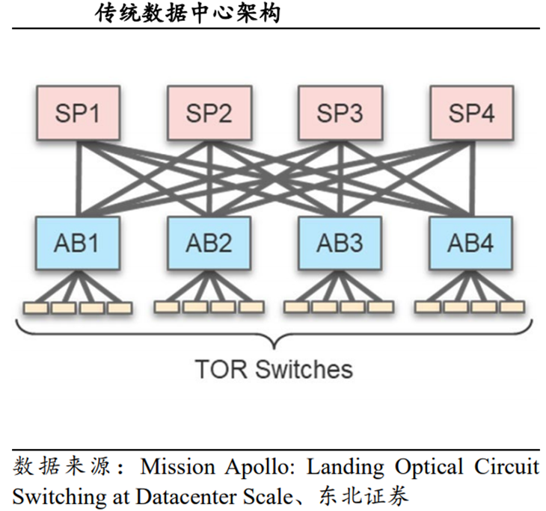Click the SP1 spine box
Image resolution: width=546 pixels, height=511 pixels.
pyautogui.click(x=78, y=114)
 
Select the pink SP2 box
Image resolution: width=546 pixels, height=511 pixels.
pyautogui.click(x=209, y=114)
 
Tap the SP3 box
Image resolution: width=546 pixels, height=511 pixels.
pyautogui.click(x=340, y=114)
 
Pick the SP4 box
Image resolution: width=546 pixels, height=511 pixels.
pyautogui.click(x=470, y=114)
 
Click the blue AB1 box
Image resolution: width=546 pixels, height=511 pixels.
pyautogui.click(x=78, y=243)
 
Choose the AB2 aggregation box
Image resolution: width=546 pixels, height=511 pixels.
pyautogui.click(x=209, y=243)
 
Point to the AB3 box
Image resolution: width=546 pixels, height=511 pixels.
pyautogui.click(x=340, y=243)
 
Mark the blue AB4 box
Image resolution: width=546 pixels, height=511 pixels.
pyautogui.click(x=470, y=243)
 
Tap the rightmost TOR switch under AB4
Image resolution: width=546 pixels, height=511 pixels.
pyautogui.click(x=512, y=307)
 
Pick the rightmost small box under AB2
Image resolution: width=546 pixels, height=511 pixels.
pyautogui.click(x=251, y=307)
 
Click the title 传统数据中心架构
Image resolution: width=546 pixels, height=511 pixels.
pyautogui.click(x=188, y=13)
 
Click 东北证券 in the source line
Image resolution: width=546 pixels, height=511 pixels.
pyautogui.click(x=366, y=495)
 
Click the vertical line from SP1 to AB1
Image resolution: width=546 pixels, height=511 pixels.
pyautogui.click(x=78, y=179)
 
